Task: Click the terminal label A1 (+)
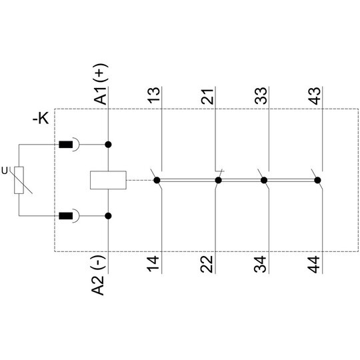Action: pyautogui.click(x=100, y=84)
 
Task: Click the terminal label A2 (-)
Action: pyautogui.click(x=99, y=275)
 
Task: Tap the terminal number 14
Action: pyautogui.click(x=153, y=264)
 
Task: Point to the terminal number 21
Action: pyautogui.click(x=207, y=97)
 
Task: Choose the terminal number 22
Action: pyautogui.click(x=207, y=264)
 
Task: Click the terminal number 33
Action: pyautogui.click(x=261, y=95)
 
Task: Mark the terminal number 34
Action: pyautogui.click(x=260, y=264)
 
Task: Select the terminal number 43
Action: pyautogui.click(x=315, y=96)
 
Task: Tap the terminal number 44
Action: pyautogui.click(x=314, y=265)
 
